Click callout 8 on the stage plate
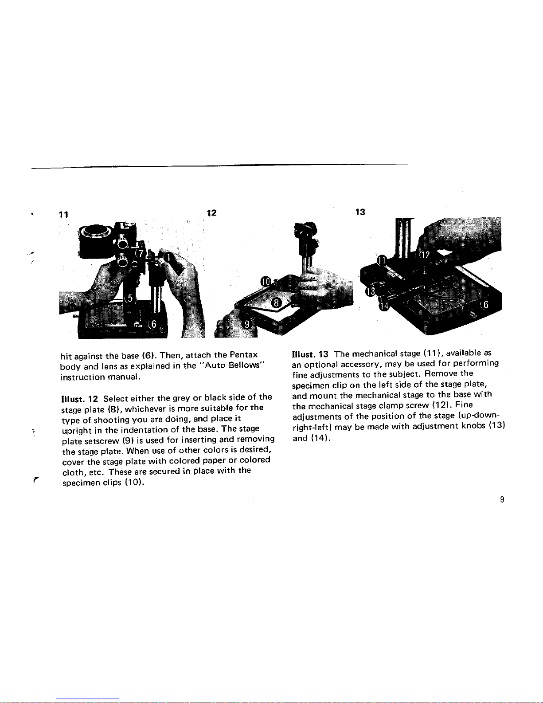[276, 303]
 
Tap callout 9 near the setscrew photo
[246, 324]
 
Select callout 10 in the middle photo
[266, 282]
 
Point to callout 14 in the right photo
[384, 306]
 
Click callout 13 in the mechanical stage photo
[371, 291]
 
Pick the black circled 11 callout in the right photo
[382, 260]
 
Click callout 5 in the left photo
[129, 298]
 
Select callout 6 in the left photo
[153, 324]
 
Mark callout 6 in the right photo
[485, 304]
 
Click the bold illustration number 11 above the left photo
[63, 215]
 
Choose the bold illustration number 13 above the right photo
[360, 212]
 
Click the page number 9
[502, 499]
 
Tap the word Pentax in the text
[243, 354]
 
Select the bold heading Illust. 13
[310, 354]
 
